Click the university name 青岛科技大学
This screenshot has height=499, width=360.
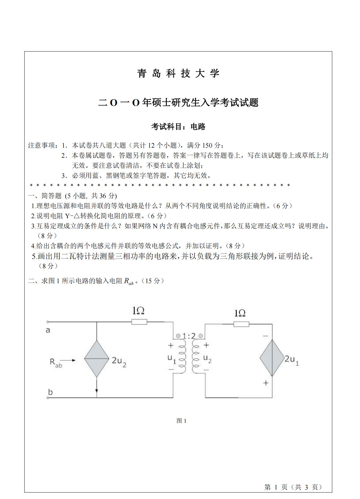[x=178, y=74]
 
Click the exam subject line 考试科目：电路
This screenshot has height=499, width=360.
[x=178, y=127]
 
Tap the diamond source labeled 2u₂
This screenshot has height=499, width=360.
[x=96, y=358]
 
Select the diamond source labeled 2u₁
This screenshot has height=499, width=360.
[x=272, y=358]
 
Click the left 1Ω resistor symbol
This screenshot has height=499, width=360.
[x=139, y=322]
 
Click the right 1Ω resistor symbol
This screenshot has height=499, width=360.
[x=241, y=324]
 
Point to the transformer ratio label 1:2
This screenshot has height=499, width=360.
[x=189, y=336]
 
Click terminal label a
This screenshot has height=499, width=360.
[x=48, y=330]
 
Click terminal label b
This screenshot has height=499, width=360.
[x=50, y=392]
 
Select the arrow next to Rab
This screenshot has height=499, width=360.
[x=69, y=361]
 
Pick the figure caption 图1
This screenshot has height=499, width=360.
[x=181, y=421]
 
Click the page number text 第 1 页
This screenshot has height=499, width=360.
[x=276, y=487]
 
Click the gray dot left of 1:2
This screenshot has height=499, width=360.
[x=178, y=336]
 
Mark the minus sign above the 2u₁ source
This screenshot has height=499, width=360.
[x=265, y=336]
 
